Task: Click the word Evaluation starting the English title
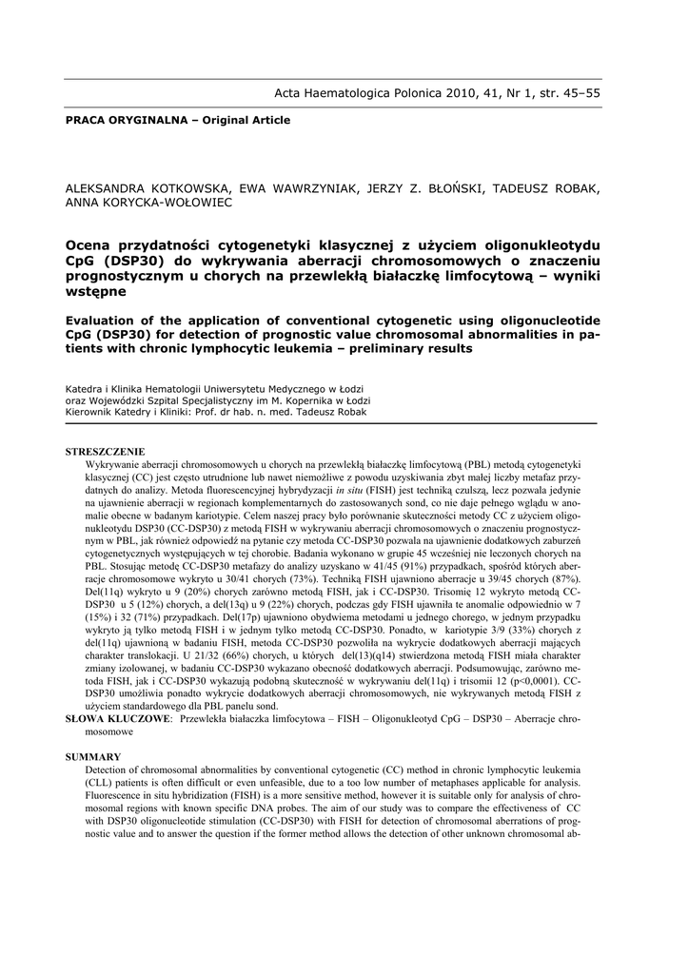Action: click(108, 320)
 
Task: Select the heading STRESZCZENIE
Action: click(105, 450)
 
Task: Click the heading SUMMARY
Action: click(93, 756)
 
